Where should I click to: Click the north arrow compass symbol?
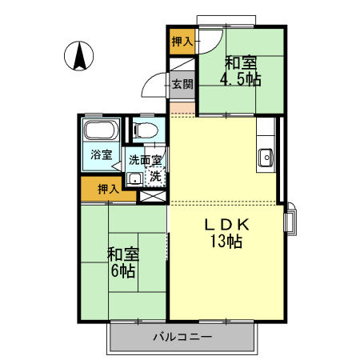point(79,56)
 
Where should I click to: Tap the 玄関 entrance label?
point(182,84)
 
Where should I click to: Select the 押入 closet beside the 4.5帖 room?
point(182,42)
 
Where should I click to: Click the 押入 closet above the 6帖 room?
point(108,189)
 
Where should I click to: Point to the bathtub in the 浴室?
point(101,130)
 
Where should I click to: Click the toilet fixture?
point(146,130)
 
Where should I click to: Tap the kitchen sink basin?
point(266,158)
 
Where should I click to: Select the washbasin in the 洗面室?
point(135,179)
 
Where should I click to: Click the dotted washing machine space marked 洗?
point(155,177)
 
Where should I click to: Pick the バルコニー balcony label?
point(182,337)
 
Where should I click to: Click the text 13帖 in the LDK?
point(226,241)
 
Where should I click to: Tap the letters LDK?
point(226,225)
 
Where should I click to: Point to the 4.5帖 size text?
point(240,78)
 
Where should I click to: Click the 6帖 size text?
point(122,271)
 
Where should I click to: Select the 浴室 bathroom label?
point(101,154)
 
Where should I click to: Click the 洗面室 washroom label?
point(145,160)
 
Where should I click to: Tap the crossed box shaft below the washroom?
point(153,197)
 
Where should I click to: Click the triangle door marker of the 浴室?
point(116,166)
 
